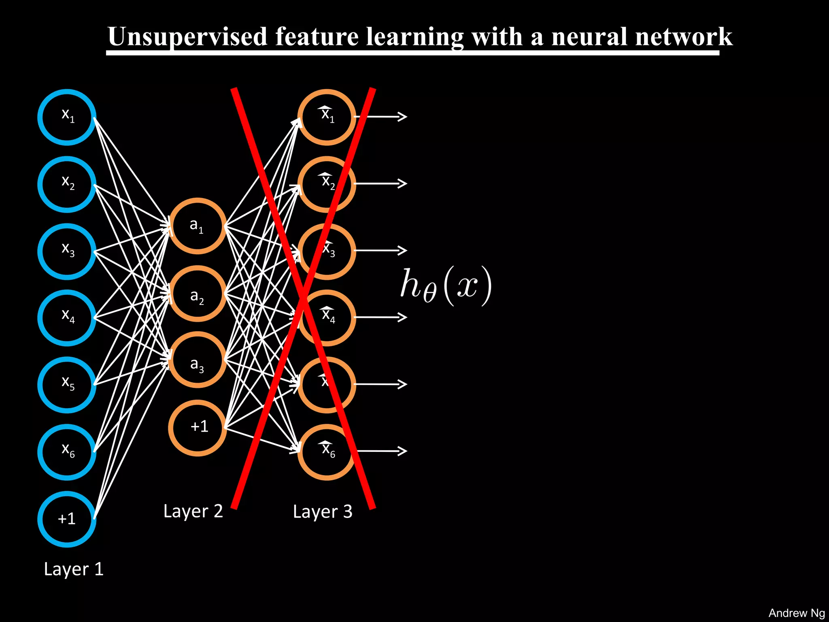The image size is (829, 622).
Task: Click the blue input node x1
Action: click(x=67, y=117)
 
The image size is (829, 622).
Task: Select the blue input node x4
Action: click(x=67, y=318)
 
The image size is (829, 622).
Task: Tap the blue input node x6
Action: click(x=67, y=452)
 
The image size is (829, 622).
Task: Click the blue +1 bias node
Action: click(x=67, y=519)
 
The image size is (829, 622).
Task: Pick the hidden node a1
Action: click(x=197, y=226)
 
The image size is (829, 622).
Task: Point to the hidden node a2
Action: click(x=197, y=294)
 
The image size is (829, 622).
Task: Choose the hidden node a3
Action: click(x=197, y=360)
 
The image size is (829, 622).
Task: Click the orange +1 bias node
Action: click(x=197, y=428)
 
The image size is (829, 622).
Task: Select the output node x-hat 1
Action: click(x=327, y=117)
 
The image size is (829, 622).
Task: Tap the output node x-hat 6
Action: click(x=327, y=452)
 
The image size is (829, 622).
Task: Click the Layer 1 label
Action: click(x=74, y=569)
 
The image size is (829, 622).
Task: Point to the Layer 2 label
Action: click(x=193, y=511)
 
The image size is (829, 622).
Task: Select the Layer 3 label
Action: click(x=323, y=511)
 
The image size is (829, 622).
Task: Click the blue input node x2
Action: click(x=67, y=184)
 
